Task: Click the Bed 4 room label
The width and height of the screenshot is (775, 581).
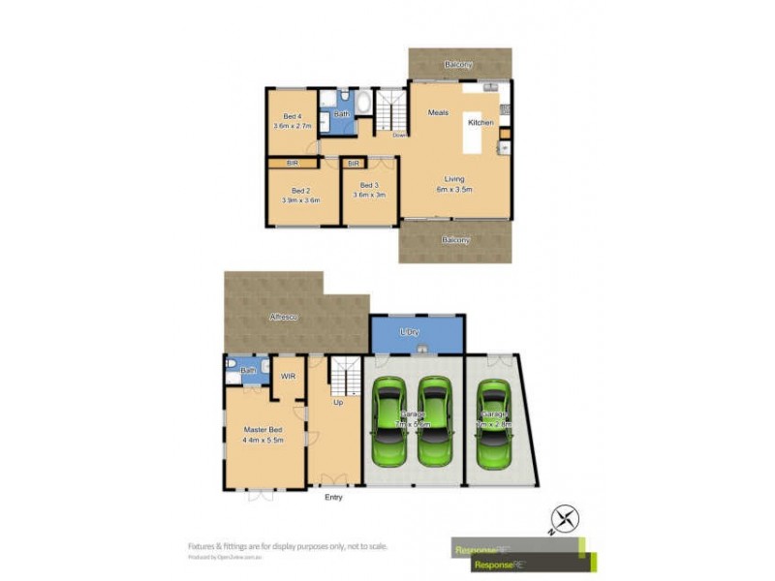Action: (x=292, y=117)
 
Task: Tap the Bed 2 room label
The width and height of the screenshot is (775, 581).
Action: (x=300, y=191)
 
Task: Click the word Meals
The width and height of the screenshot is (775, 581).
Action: (x=438, y=113)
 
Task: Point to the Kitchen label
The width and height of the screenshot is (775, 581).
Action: (x=480, y=123)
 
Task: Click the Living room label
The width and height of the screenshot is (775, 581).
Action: (x=454, y=179)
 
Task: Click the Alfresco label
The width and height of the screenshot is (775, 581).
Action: (x=284, y=317)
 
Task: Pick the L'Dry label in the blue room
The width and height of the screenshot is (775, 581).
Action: (x=410, y=332)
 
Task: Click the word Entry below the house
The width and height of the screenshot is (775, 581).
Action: (x=332, y=498)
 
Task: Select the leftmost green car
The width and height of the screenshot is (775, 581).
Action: (x=391, y=422)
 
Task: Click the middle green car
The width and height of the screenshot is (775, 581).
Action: (x=434, y=422)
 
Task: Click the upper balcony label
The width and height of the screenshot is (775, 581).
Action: (x=458, y=64)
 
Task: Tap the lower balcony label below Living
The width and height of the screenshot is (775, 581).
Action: (x=455, y=239)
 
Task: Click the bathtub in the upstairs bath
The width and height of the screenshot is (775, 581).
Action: (x=363, y=102)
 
